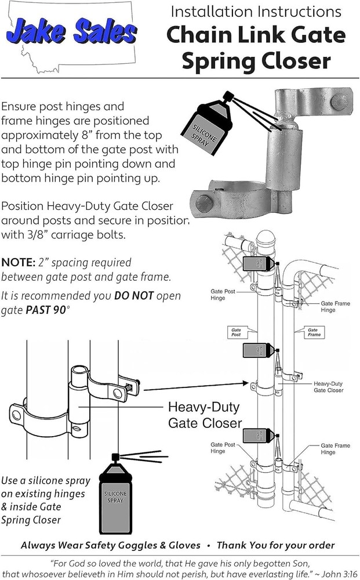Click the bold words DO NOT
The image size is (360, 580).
134,296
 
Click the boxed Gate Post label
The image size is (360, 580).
236,332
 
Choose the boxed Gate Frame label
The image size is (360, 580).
314,332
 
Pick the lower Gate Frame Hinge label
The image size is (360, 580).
336,448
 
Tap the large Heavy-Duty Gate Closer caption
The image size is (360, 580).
205,414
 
